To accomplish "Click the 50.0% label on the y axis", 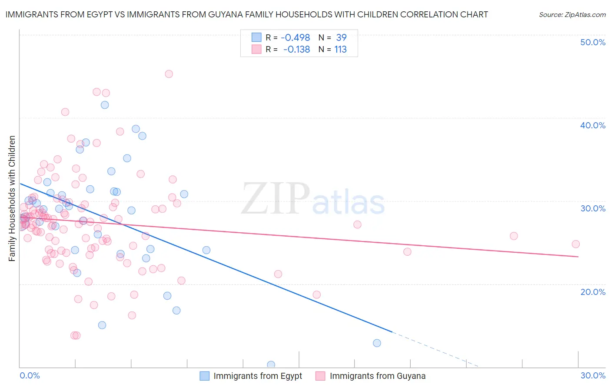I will (x=593, y=42).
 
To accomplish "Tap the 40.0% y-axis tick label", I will (x=593, y=125).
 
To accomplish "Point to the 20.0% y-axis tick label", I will (x=593, y=292).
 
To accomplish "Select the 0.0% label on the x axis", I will (x=30, y=375).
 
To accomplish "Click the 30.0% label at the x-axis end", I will (x=593, y=375).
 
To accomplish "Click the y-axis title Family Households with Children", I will (x=12, y=198).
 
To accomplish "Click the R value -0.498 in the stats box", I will (x=295, y=38).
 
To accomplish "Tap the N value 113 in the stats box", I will (x=340, y=50).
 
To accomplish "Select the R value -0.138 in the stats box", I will (x=296, y=50).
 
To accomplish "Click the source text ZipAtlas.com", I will (x=572, y=15).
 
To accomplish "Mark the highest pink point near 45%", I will (x=169, y=74).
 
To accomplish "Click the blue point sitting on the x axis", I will (x=271, y=365).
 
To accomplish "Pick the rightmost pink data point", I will (x=575, y=244).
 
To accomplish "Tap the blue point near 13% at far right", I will (x=377, y=343).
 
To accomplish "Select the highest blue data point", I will (x=105, y=105).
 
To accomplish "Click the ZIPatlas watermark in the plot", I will (x=313, y=199).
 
